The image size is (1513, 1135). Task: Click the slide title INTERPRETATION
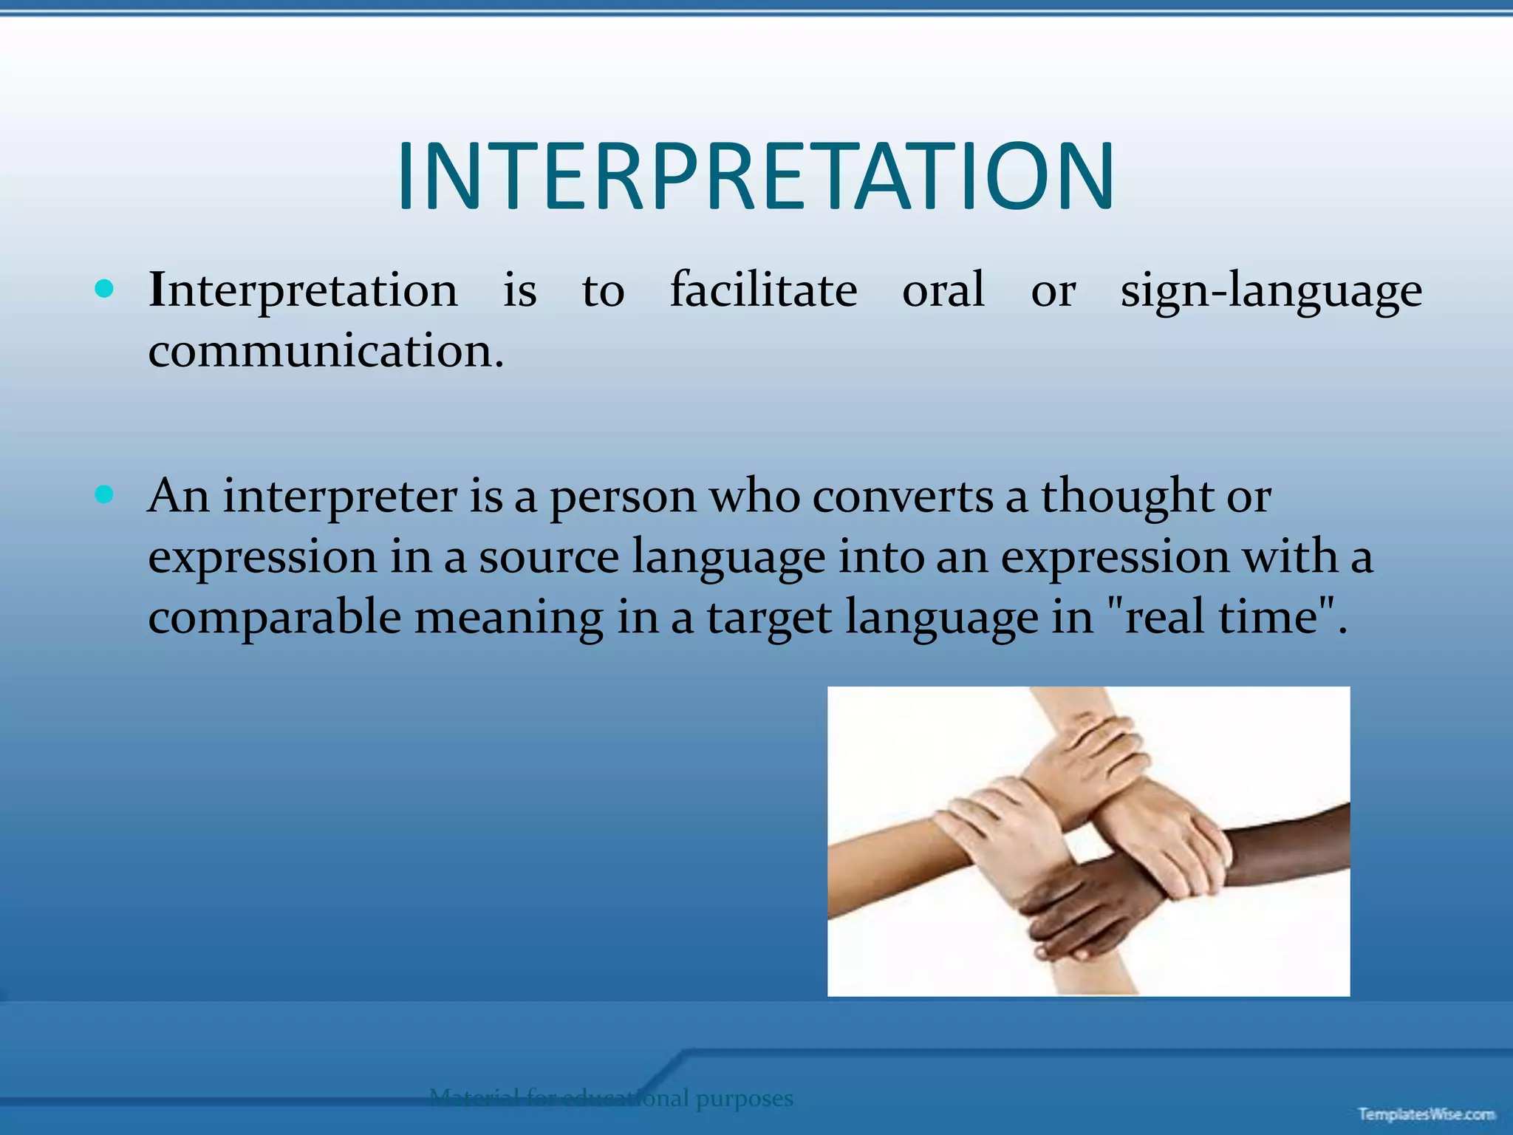(755, 177)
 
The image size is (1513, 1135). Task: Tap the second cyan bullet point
(105, 494)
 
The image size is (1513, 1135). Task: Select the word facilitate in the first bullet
(763, 290)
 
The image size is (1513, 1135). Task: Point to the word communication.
(325, 351)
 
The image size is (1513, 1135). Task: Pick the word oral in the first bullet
(943, 290)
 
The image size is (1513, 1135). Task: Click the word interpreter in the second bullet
(340, 497)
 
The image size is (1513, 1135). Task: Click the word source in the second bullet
(548, 558)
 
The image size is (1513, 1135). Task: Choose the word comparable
(274, 618)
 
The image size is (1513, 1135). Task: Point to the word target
(769, 618)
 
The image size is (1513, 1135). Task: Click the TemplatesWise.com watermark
(1426, 1114)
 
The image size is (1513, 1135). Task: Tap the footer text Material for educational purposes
(611, 1098)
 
